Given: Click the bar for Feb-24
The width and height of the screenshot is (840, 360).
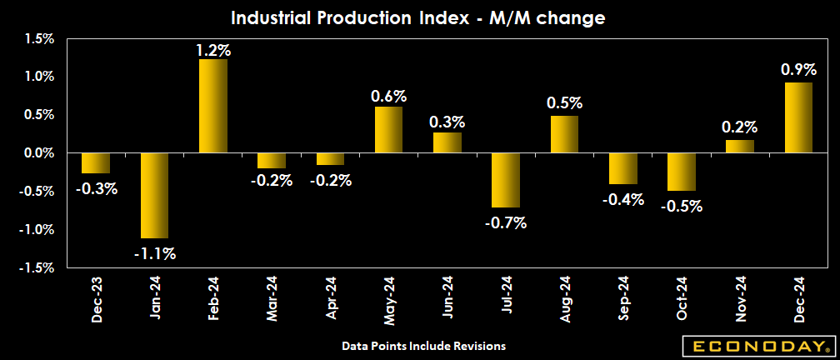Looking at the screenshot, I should click(x=212, y=106).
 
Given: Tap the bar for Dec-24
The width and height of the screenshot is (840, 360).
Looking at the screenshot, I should click(x=798, y=117).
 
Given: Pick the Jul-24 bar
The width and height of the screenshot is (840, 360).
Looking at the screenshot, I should click(x=505, y=180).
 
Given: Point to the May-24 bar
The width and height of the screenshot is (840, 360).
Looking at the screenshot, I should click(x=388, y=130).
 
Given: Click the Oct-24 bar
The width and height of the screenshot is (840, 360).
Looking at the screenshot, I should click(x=682, y=172).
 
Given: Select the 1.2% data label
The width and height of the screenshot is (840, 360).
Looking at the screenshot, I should click(x=212, y=50).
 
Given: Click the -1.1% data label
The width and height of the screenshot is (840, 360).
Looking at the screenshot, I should click(x=154, y=253).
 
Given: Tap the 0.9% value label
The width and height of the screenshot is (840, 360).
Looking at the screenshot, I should click(x=798, y=70).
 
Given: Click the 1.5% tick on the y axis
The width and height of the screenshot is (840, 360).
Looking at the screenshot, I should click(x=38, y=38).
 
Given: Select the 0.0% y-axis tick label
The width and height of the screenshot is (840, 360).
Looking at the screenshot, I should click(x=38, y=153).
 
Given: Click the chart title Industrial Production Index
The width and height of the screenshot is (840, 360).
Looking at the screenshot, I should click(x=419, y=17).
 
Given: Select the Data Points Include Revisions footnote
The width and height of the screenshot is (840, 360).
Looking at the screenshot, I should click(x=423, y=345).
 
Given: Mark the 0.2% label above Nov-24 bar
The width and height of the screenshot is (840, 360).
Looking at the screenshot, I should click(x=739, y=127).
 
